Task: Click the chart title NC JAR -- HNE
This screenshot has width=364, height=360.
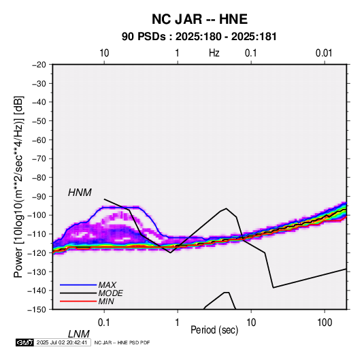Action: point(199,19)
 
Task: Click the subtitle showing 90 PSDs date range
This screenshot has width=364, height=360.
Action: point(199,37)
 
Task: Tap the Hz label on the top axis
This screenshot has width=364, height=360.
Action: point(214,53)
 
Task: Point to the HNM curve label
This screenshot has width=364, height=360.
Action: point(80,193)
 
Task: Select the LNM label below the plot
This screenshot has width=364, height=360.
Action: point(79,334)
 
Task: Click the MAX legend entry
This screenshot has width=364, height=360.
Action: point(107,285)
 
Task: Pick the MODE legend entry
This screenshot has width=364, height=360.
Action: point(110,293)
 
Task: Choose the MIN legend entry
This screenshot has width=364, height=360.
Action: point(106,301)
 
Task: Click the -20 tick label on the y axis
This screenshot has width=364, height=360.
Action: point(39,65)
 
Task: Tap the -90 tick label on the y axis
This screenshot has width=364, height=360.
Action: point(39,196)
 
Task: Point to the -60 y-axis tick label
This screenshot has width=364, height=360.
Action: point(39,140)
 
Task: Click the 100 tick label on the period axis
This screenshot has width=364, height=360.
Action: point(324,323)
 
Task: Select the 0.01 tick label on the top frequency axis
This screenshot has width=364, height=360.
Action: point(324,53)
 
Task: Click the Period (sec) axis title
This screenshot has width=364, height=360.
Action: point(214,330)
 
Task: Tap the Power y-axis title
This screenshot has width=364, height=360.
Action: point(18,186)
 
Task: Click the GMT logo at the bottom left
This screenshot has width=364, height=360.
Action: point(24,342)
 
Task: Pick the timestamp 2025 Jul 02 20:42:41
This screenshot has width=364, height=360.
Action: point(62,342)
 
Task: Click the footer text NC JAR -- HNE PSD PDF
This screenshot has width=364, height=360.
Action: point(122,342)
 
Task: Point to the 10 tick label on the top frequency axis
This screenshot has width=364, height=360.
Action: point(104,53)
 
